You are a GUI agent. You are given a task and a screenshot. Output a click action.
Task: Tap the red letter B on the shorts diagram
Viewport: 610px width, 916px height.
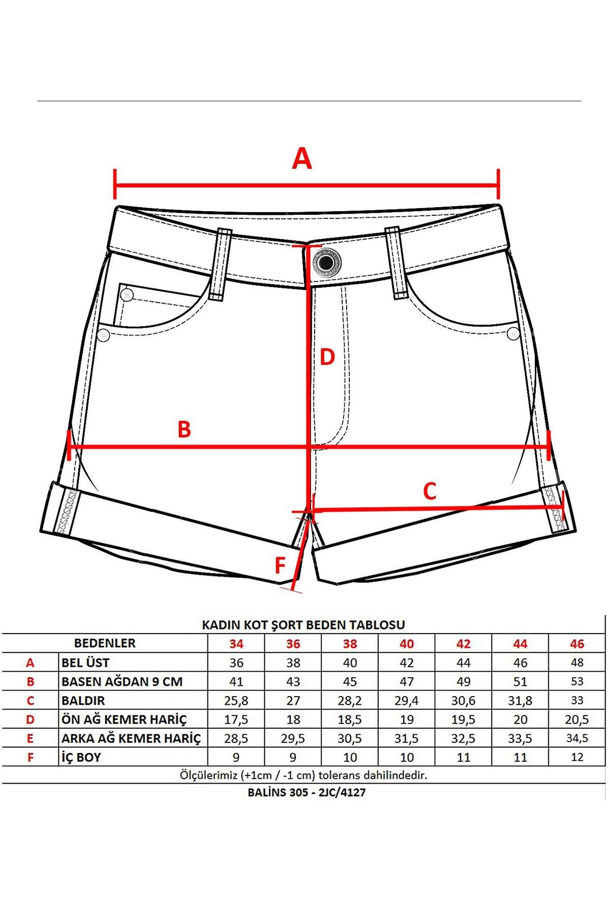pos(184,429)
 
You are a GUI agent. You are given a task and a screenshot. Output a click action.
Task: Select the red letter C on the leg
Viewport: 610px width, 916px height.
pos(430,492)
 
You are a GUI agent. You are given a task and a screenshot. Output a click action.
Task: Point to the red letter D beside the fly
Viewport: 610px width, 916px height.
pos(327,357)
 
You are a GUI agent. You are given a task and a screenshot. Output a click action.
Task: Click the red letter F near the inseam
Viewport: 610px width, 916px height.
pos(280,565)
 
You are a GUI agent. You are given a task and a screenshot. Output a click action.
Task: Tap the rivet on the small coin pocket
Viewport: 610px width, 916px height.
pos(127,295)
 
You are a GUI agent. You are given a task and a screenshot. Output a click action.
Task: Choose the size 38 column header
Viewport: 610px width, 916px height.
pos(350,644)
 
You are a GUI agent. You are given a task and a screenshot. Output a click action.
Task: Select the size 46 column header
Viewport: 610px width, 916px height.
pos(577,644)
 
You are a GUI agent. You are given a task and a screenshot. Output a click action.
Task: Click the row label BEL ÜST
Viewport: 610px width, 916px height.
pos(85,663)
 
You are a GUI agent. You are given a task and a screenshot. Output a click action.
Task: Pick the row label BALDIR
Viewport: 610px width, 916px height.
pos(83,700)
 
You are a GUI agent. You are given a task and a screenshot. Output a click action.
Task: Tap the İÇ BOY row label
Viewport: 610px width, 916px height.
pos(81,757)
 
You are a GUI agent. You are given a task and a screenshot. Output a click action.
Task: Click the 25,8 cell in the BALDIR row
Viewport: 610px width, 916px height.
pos(236,701)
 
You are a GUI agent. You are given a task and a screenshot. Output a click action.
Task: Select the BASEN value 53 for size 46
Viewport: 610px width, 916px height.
pos(577,681)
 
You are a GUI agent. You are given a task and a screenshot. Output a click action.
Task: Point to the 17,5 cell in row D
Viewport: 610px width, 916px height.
pos(236,720)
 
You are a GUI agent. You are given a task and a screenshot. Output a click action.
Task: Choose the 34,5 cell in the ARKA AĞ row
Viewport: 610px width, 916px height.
pos(577,738)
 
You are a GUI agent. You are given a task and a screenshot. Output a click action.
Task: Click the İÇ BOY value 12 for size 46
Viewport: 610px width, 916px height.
pos(577,757)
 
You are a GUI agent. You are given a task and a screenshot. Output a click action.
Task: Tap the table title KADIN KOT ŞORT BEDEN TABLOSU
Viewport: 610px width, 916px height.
pos(303,625)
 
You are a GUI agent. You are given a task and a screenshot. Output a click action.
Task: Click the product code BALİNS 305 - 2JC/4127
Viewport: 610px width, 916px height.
pos(307,792)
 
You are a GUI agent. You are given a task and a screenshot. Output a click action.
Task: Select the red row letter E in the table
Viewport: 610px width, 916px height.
pos(30,738)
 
